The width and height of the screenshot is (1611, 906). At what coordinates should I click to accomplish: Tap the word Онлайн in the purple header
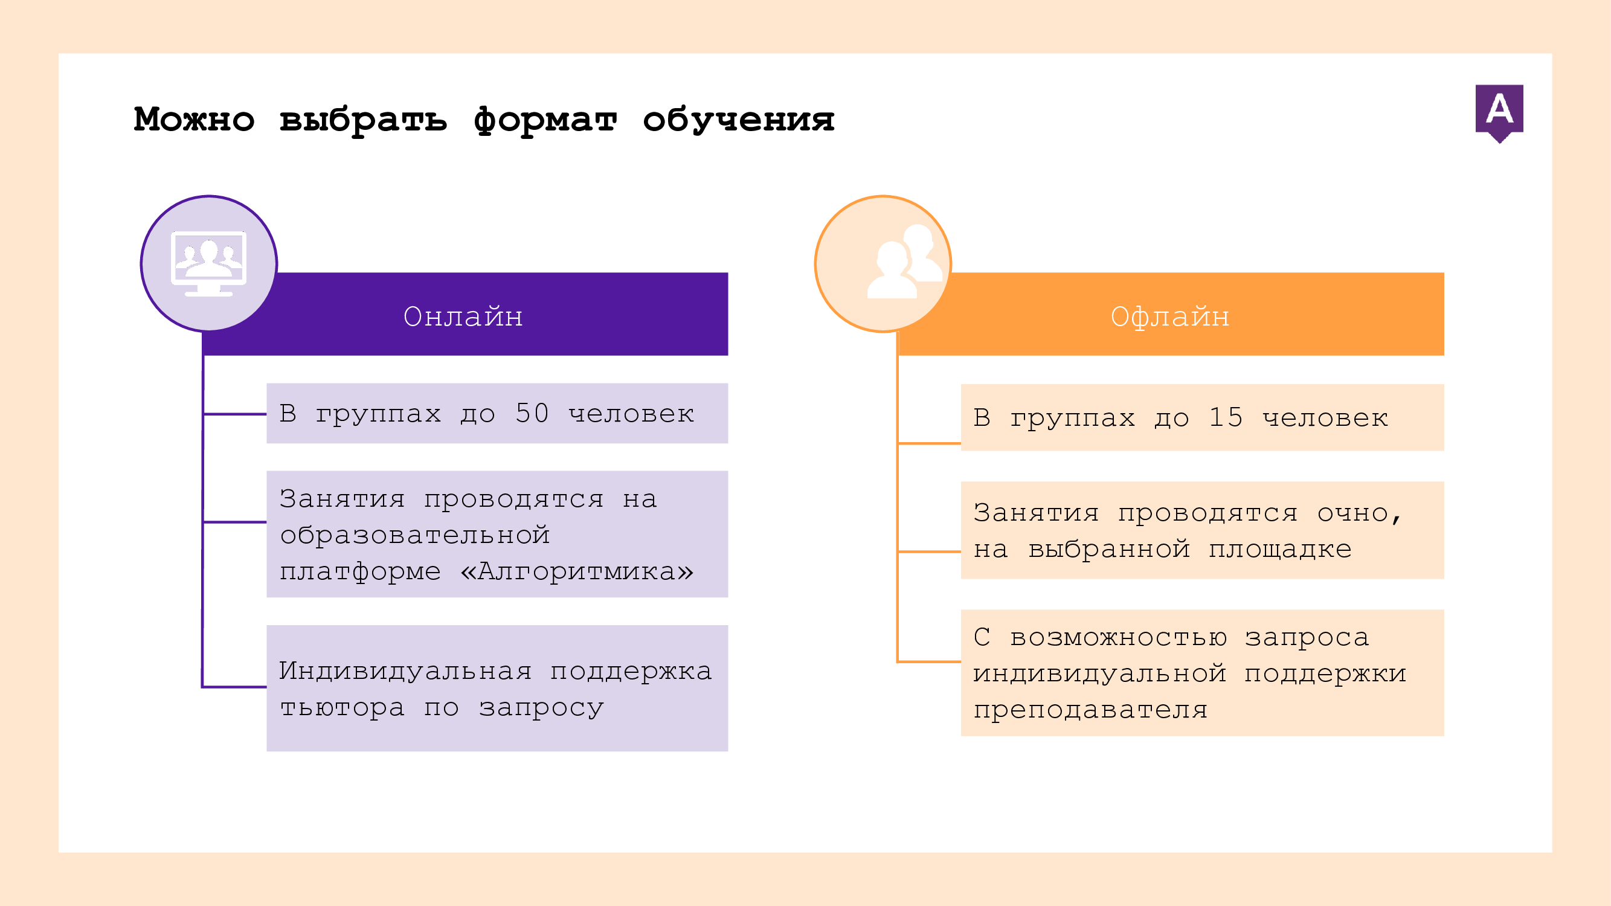click(x=463, y=316)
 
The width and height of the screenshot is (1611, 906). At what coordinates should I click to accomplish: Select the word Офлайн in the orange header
click(x=1169, y=317)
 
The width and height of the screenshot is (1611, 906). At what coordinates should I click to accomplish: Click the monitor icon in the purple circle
click(x=209, y=263)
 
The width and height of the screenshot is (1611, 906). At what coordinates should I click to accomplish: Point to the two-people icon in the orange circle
click(x=904, y=261)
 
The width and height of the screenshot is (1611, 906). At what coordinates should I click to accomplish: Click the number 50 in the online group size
click(x=532, y=413)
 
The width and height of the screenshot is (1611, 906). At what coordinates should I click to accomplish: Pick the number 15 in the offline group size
click(x=1226, y=418)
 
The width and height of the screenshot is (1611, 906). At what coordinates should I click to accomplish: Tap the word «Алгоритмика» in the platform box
click(x=577, y=571)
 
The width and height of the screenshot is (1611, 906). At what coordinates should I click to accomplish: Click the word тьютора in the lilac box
click(x=342, y=707)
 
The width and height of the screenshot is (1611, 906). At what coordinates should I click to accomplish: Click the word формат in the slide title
click(x=545, y=119)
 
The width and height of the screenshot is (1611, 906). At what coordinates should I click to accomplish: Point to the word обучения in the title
click(x=739, y=119)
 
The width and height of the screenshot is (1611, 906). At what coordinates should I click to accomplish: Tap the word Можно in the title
click(x=194, y=119)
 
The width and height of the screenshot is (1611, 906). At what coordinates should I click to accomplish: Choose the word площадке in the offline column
click(x=1279, y=550)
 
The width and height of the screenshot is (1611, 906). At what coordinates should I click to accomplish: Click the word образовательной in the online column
click(x=414, y=535)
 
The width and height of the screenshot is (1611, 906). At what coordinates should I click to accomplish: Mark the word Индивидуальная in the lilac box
click(x=405, y=671)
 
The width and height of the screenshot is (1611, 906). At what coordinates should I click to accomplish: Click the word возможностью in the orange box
click(x=1118, y=637)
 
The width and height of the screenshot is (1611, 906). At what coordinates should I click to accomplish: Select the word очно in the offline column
click(x=1352, y=513)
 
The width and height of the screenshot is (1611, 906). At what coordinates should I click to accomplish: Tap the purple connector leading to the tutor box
click(x=234, y=687)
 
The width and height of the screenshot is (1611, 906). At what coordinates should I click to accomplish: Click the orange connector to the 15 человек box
click(x=928, y=443)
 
